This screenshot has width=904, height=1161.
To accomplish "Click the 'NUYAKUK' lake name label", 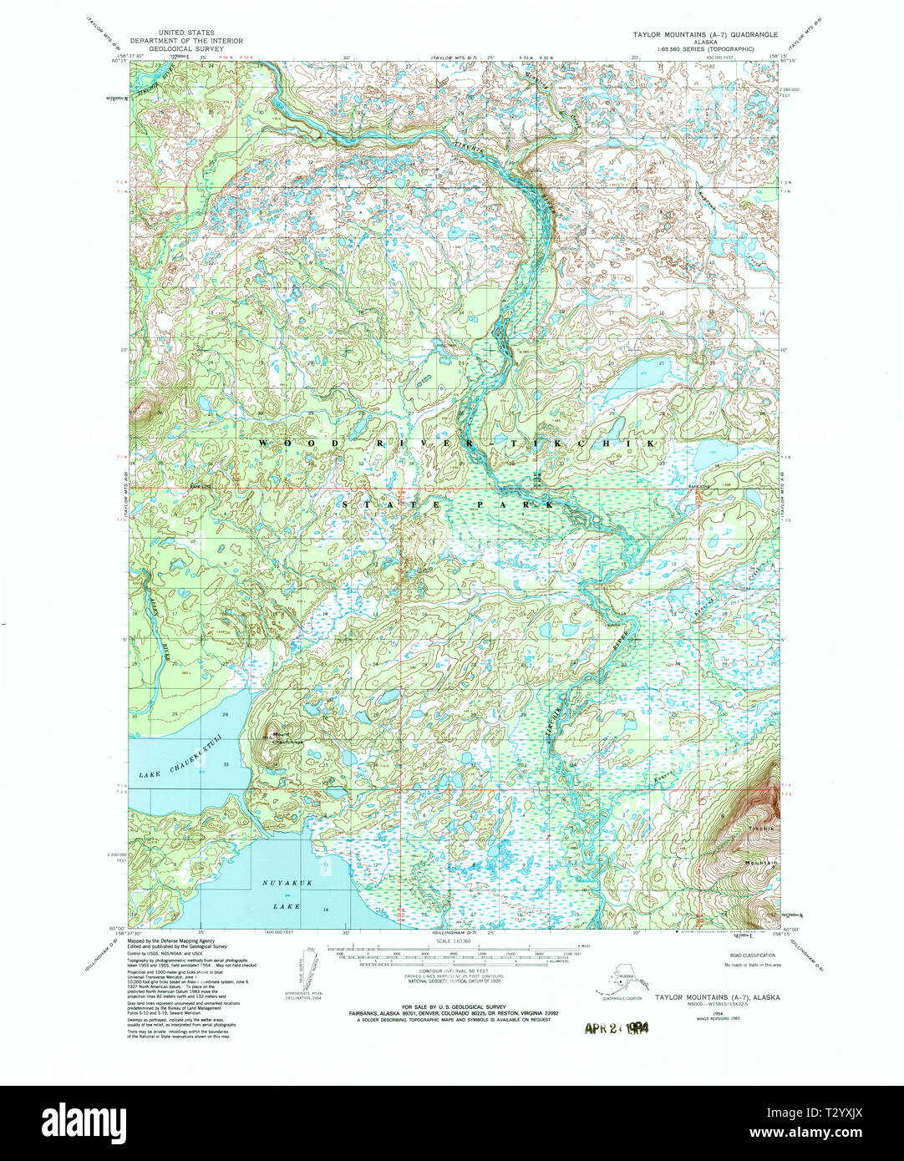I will [x=281, y=881].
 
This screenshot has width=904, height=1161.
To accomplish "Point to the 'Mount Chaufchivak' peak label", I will [x=282, y=739].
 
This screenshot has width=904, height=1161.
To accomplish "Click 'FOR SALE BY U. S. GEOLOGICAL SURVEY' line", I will [x=451, y=1006].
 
